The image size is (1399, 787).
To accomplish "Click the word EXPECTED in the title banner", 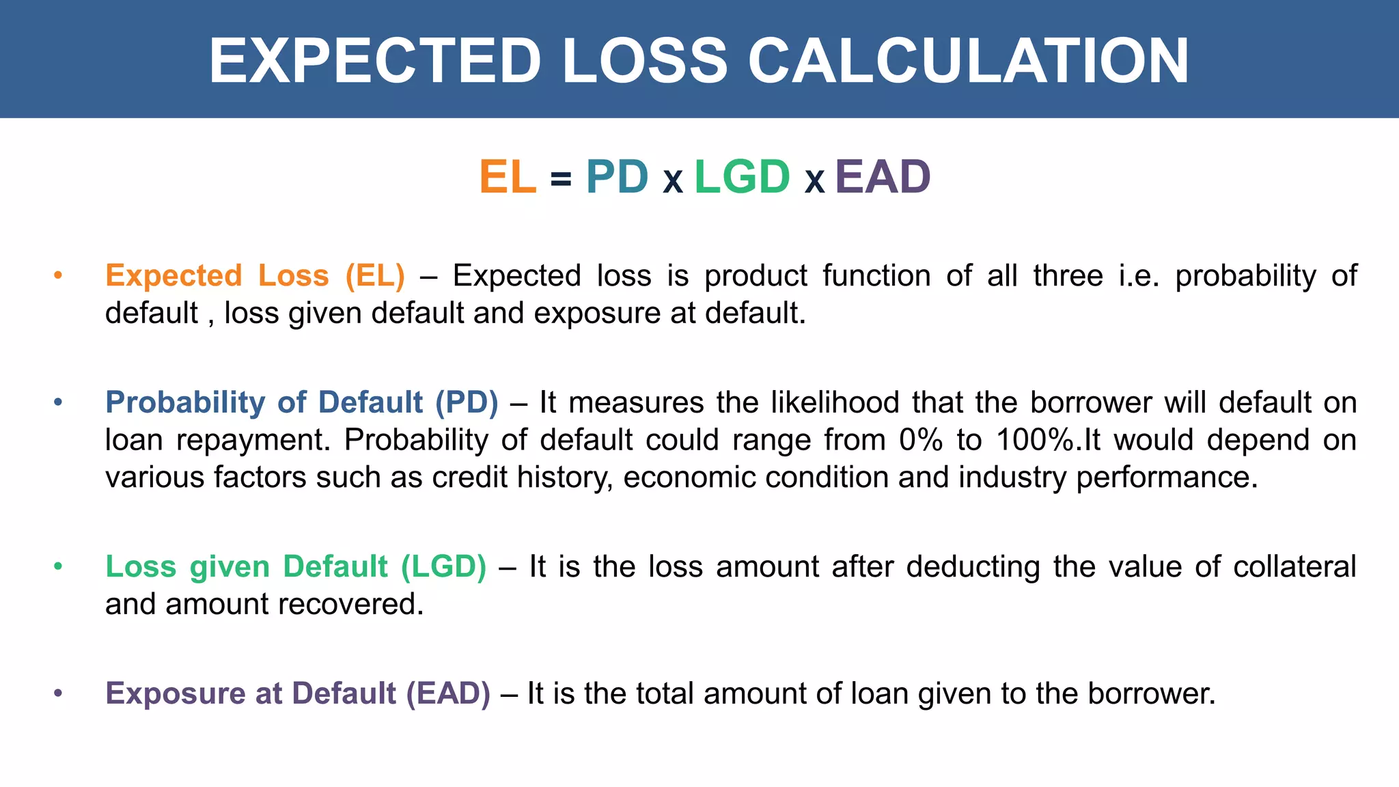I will (x=375, y=61).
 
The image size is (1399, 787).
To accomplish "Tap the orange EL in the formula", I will (x=508, y=177).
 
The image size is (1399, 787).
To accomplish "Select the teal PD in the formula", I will (x=617, y=177).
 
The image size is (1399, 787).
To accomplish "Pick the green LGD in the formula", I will (x=742, y=177).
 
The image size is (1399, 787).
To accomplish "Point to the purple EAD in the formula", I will (x=882, y=177).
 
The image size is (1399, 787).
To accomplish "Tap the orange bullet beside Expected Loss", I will (x=58, y=275).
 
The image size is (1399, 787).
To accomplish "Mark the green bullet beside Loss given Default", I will (x=58, y=566).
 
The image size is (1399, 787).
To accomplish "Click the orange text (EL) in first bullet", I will (x=375, y=276).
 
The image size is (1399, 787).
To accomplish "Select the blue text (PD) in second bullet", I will (x=467, y=402).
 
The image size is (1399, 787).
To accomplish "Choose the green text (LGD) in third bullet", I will (x=443, y=567).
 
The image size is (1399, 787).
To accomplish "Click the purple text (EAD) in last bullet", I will (x=448, y=693).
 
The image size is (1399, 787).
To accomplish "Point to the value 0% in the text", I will (x=920, y=440).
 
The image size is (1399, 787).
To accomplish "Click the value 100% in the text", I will (x=1035, y=440).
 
